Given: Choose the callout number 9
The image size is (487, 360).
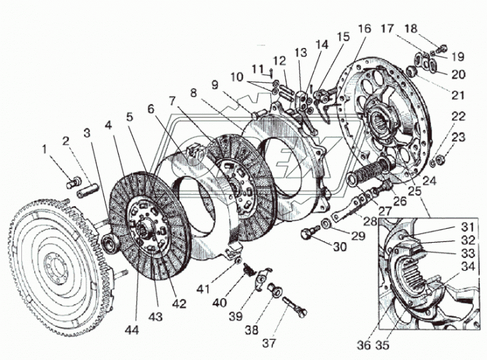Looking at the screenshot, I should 214,84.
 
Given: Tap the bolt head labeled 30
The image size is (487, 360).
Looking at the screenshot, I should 308,234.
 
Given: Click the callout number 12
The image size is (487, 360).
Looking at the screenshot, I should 281,61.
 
